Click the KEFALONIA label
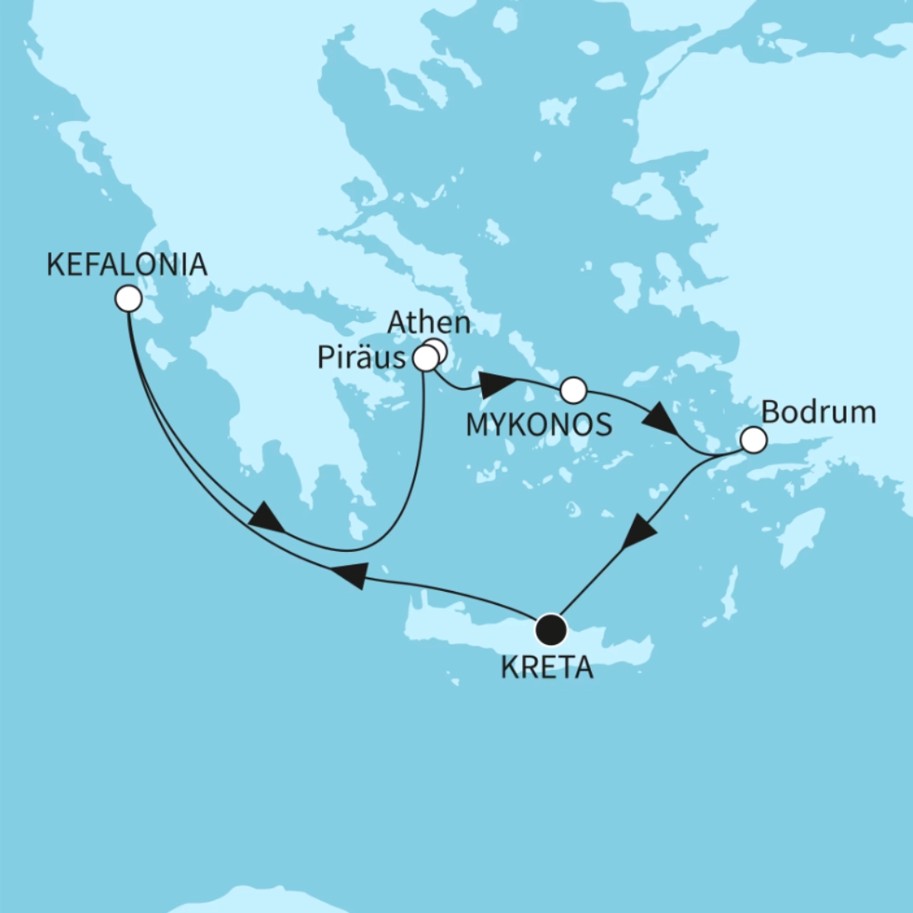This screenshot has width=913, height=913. tap(126, 265)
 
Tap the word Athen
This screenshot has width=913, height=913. tap(428, 323)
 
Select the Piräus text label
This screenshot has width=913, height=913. tap(361, 358)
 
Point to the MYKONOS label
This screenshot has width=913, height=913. tap(539, 425)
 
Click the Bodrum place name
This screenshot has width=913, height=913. tap(818, 413)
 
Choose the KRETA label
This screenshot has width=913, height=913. tap(547, 667)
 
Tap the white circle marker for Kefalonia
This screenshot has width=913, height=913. tap(128, 299)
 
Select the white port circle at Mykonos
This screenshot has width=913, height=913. tap(574, 388)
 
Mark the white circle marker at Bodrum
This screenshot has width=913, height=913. tap(753, 440)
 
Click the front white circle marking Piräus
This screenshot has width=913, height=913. tap(425, 359)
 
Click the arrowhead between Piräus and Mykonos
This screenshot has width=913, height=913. tap(496, 383)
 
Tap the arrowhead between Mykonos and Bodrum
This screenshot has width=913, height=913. tap(660, 417)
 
